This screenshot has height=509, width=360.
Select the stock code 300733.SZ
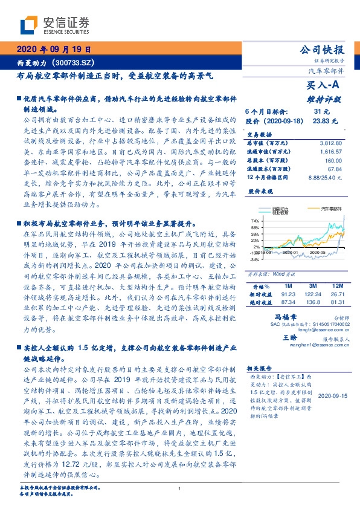point(73,62)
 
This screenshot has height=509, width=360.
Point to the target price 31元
point(321,112)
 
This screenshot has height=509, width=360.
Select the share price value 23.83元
point(321,121)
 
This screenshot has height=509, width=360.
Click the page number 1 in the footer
point(180,488)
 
